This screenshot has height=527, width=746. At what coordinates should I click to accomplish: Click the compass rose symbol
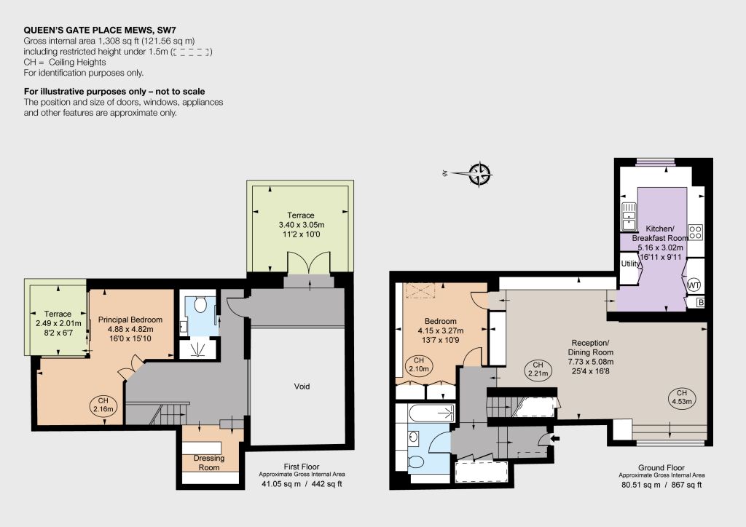[480, 174]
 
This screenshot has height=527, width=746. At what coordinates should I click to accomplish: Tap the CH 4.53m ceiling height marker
[681, 397]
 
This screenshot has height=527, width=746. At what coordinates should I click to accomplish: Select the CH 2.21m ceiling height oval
[538, 369]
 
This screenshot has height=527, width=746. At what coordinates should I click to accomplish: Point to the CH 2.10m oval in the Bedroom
[418, 365]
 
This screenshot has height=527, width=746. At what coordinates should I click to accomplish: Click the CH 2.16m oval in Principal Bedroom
[103, 405]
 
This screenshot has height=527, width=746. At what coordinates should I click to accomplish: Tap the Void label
[302, 387]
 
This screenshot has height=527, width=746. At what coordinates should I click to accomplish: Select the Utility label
[631, 263]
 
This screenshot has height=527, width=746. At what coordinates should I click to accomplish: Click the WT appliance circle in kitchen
[694, 285]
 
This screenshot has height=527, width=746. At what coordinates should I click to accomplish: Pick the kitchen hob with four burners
[696, 232]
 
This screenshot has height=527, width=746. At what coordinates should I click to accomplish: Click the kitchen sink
[629, 217]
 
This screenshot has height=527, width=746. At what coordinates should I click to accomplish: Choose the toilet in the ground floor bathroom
[416, 461]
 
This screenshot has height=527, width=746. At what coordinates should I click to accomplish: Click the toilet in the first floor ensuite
[201, 304]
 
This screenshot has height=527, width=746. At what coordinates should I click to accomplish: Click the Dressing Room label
[209, 462]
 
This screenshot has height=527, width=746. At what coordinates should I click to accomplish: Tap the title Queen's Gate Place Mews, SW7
[100, 31]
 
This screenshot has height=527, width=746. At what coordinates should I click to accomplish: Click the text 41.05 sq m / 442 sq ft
[302, 484]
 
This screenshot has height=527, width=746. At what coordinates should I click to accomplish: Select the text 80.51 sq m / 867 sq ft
[661, 485]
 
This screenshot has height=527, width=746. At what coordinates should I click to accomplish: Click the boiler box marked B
[700, 302]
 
